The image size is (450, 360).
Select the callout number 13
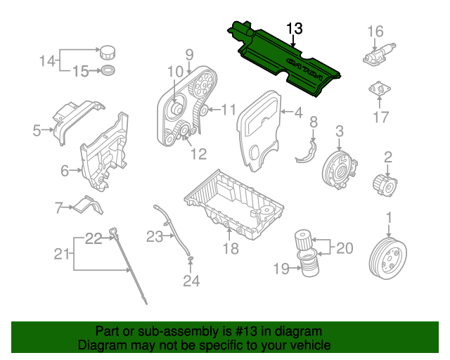click(295, 29)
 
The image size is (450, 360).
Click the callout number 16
click(375, 32)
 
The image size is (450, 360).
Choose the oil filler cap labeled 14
click(108, 52)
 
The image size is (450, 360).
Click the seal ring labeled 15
click(108, 70)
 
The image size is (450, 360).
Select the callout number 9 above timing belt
click(189, 53)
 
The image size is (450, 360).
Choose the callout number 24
click(191, 281)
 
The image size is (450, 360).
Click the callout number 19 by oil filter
click(281, 267)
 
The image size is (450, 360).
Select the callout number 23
click(155, 237)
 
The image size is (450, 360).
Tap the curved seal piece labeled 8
click(308, 150)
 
